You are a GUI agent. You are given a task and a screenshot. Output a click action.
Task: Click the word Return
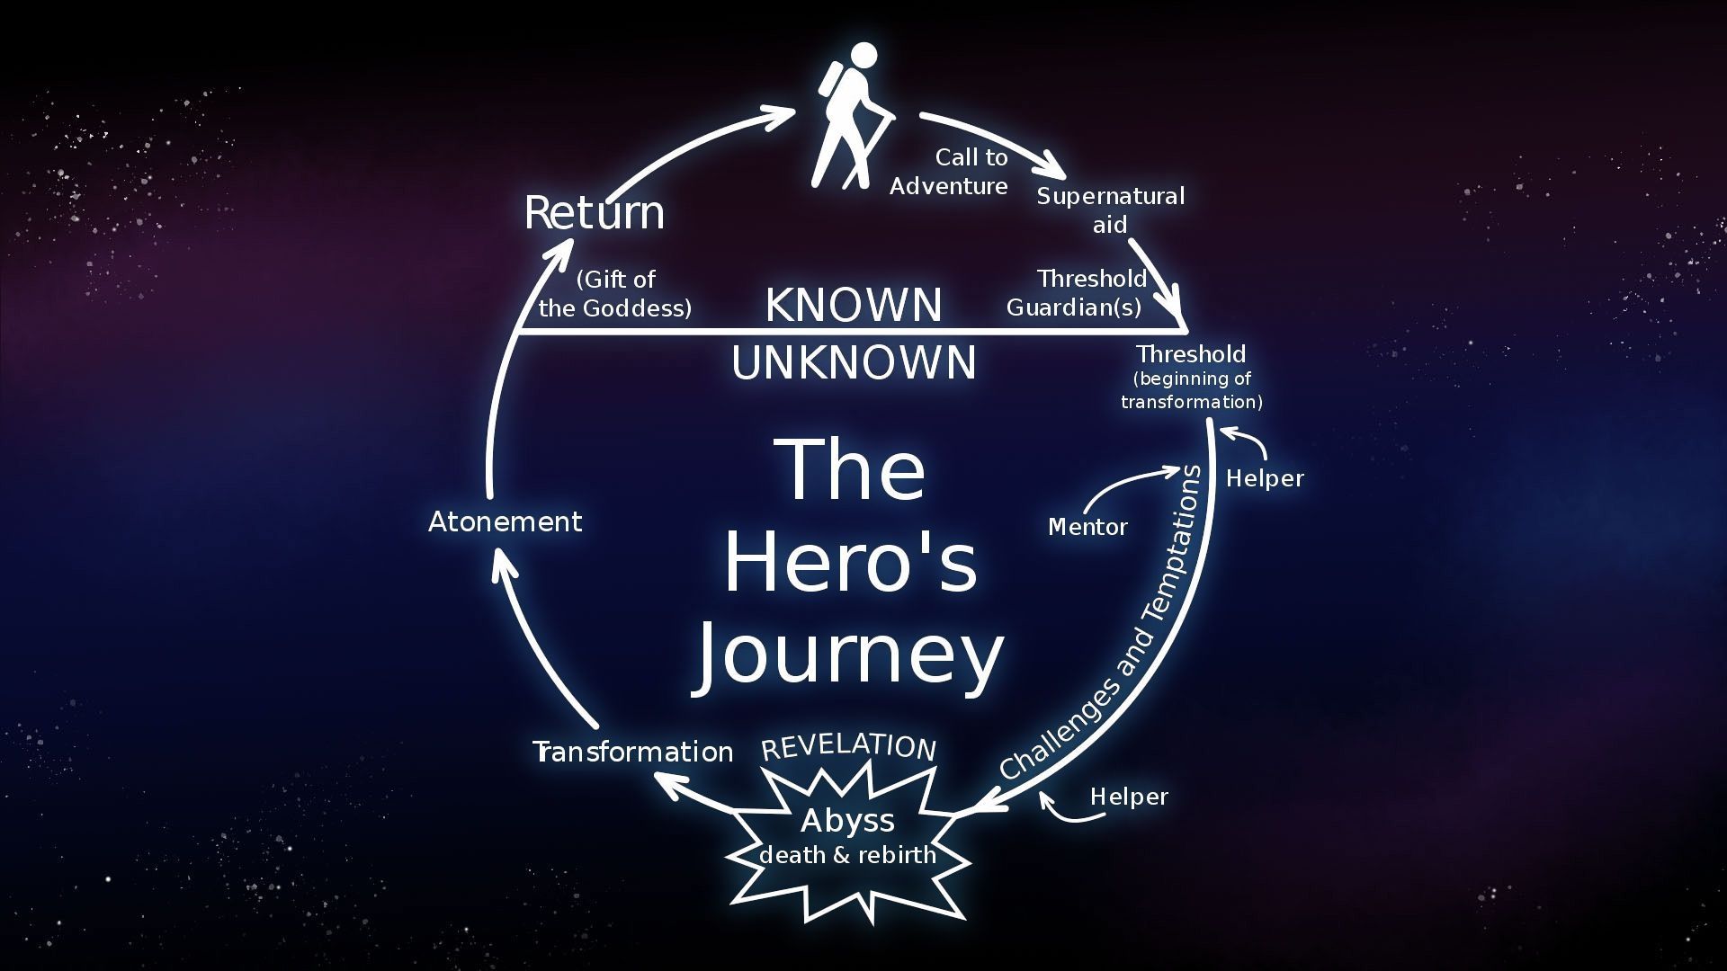point(595,213)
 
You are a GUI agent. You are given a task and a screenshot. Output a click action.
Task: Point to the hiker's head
point(863,56)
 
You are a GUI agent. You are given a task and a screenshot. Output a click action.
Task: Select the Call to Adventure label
point(949,172)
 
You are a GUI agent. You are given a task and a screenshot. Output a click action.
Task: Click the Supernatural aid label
point(1111,210)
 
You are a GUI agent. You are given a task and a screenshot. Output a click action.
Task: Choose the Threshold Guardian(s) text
point(1077,293)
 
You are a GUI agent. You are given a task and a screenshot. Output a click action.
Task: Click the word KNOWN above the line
point(854,305)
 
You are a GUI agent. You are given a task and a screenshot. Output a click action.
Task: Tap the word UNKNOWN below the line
point(854,363)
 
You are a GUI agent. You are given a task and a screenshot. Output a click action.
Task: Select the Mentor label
point(1087,527)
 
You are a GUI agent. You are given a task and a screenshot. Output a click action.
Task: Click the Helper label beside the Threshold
point(1265,478)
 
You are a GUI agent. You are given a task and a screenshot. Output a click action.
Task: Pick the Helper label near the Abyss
point(1129,797)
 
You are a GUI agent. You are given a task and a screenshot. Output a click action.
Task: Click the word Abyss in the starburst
point(847,821)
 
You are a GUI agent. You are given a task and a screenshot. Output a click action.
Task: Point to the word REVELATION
point(849,746)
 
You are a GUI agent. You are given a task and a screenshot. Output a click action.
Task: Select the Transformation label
point(633,752)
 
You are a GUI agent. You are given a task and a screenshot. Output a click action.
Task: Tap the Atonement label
point(505,521)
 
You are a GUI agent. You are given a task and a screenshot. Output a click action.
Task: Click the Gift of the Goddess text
point(615,294)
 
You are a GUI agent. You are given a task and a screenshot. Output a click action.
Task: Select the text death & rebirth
point(847,854)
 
